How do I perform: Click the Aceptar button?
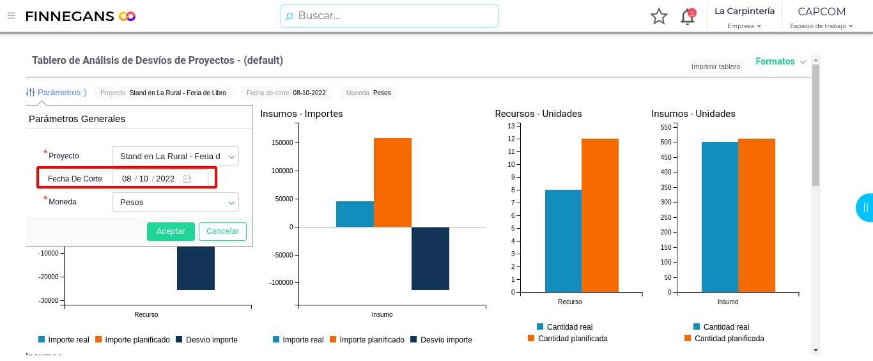[x=171, y=231]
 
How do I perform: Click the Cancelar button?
[x=222, y=231]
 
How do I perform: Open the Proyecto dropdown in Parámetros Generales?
[x=175, y=156]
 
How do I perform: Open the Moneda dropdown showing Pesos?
[x=175, y=202]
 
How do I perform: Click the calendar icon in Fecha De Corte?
[x=187, y=179]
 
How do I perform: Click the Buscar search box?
[x=390, y=16]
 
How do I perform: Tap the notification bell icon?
[x=688, y=17]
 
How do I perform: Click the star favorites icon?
[x=659, y=17]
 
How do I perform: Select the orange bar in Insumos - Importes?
[x=392, y=182]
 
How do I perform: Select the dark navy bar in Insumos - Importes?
[x=430, y=259]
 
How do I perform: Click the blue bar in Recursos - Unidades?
[x=563, y=241]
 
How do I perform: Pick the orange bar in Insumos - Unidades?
[x=757, y=215]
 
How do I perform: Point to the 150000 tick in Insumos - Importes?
[x=282, y=142]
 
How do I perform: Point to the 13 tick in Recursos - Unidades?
[x=511, y=126]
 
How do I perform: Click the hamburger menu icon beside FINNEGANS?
[x=12, y=16]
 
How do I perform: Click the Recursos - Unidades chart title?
[x=538, y=114]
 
